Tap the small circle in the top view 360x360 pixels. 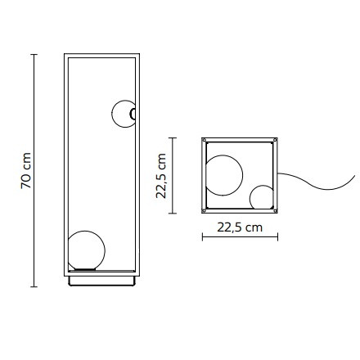262,197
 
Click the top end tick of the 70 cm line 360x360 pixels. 34,55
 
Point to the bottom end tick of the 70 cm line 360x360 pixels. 34,286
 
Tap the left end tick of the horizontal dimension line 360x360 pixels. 202,238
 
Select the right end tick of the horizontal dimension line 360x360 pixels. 279,238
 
